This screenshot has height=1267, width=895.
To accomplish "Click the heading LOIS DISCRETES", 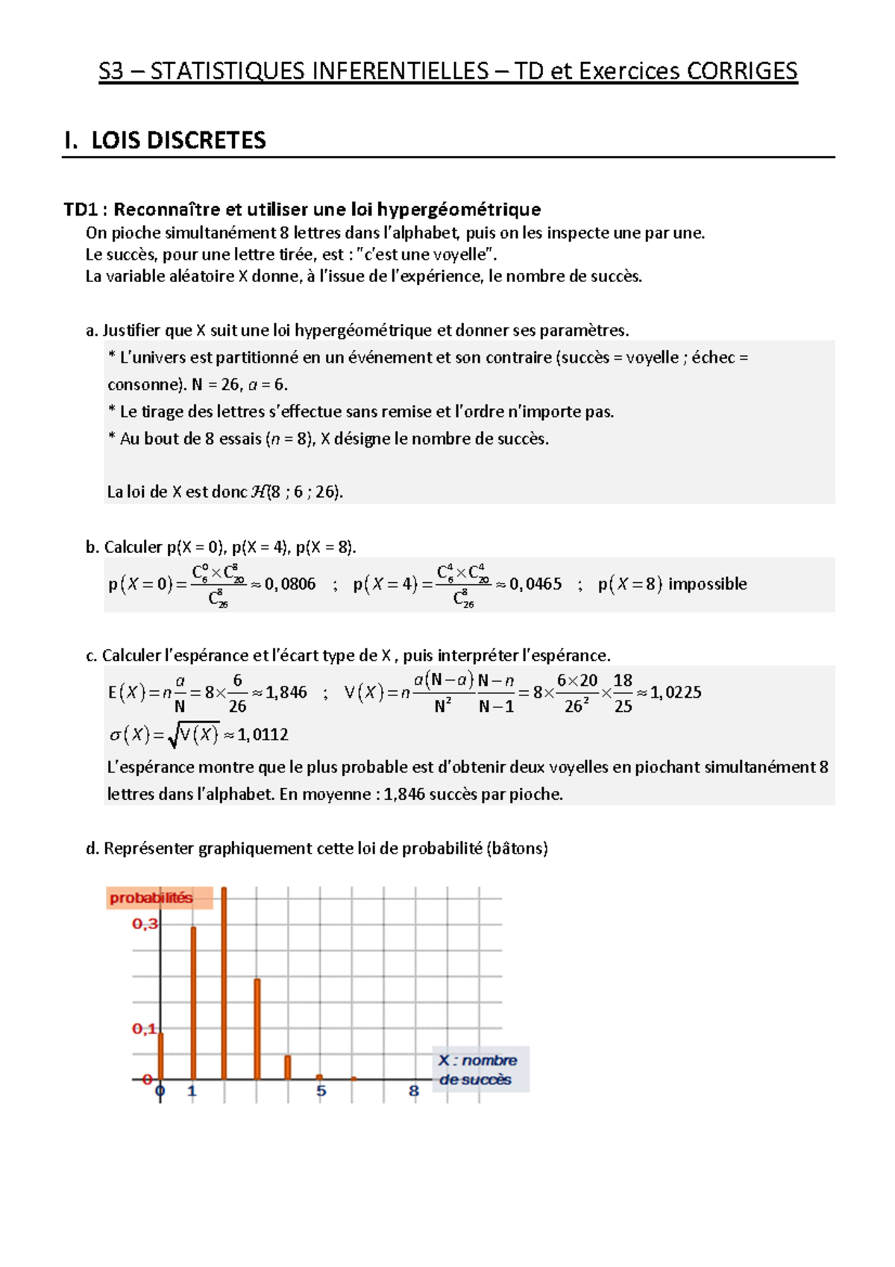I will click(x=178, y=140).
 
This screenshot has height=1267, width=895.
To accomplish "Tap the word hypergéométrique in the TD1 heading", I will click(x=458, y=210).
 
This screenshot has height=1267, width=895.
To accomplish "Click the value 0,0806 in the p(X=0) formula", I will click(x=290, y=584).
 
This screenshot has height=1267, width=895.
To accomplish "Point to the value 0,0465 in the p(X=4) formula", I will click(x=536, y=584).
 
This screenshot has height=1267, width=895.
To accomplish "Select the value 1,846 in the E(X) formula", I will click(x=286, y=692).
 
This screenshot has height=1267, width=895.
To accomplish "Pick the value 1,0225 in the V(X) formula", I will click(x=676, y=692).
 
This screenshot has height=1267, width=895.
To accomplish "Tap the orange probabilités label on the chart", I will click(x=151, y=898).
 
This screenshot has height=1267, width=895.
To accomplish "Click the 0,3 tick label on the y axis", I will click(x=145, y=925).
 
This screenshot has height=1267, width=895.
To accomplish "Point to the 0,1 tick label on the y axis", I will click(x=145, y=1030).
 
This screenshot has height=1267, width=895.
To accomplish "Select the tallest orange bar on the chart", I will click(x=224, y=985).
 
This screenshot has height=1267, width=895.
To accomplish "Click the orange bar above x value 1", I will click(x=193, y=1004).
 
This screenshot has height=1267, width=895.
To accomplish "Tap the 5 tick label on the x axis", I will click(x=321, y=1092).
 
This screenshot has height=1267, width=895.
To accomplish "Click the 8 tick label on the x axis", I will click(x=414, y=1092).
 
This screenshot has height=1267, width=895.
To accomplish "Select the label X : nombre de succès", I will click(x=477, y=1070).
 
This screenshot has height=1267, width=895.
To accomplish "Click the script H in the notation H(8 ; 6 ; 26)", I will click(x=259, y=492).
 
